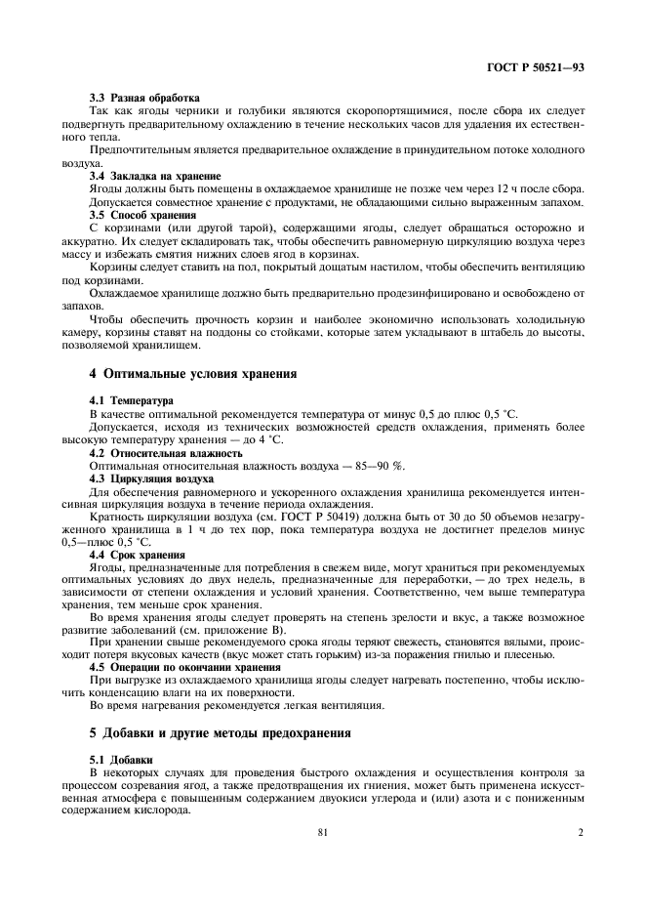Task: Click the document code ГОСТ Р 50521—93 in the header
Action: [x=540, y=68]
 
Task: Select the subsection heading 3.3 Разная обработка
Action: [x=144, y=99]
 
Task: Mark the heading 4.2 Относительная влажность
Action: [x=166, y=453]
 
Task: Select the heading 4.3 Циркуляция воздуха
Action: [x=151, y=478]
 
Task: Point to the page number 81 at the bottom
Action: [x=322, y=833]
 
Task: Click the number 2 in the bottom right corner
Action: [x=580, y=833]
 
